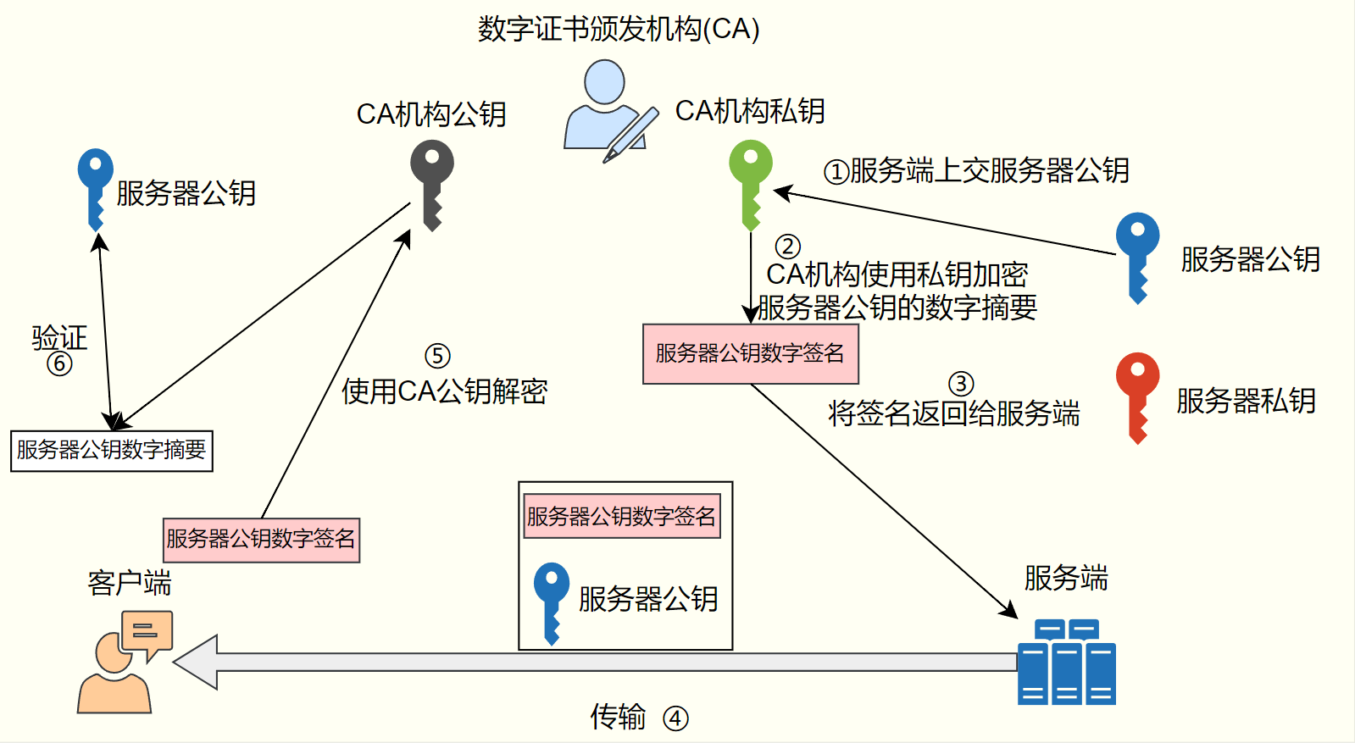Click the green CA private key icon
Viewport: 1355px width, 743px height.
(x=751, y=182)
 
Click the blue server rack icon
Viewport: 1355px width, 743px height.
(x=1066, y=663)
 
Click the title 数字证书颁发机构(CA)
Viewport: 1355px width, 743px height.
(x=619, y=30)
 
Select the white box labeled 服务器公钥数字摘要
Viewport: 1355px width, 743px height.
(x=112, y=451)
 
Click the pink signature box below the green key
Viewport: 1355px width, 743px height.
(x=750, y=353)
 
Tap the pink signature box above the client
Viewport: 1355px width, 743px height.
(x=261, y=540)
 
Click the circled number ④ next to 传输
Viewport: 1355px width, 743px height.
(x=675, y=718)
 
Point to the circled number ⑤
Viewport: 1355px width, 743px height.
(x=437, y=356)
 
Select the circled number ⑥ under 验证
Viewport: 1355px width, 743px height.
(x=59, y=363)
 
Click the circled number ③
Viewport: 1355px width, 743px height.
(x=960, y=384)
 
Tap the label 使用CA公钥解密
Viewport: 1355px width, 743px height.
(x=445, y=391)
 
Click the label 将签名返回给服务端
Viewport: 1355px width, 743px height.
(x=953, y=413)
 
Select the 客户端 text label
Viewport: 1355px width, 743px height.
(x=129, y=583)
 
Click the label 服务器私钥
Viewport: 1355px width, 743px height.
(x=1246, y=401)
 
